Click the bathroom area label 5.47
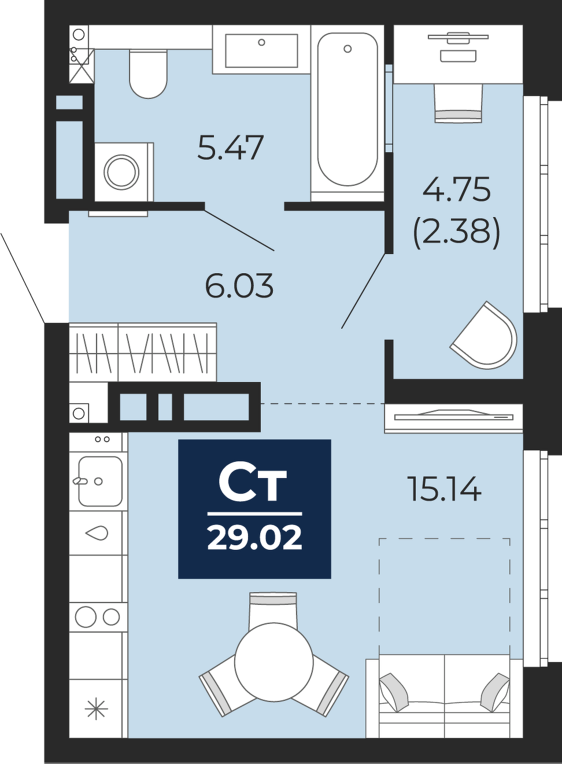click(x=231, y=148)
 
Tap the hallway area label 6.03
click(x=239, y=286)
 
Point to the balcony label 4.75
click(x=457, y=190)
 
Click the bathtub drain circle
click(x=347, y=49)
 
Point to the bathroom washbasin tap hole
click(x=262, y=43)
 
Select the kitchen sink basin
click(x=100, y=481)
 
